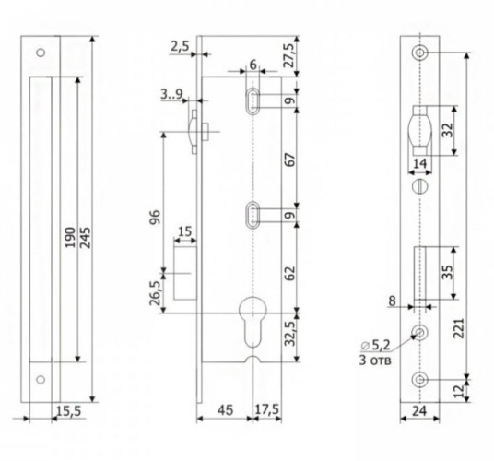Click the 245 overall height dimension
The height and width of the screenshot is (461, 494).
point(85,237)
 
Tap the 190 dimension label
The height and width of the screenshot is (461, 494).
point(70,237)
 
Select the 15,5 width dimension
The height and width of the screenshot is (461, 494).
point(69,411)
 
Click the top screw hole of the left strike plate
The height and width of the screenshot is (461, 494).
point(41,53)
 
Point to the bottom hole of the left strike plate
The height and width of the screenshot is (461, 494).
point(41,380)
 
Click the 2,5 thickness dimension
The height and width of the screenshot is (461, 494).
point(180,47)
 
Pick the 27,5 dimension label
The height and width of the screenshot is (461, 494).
point(288,55)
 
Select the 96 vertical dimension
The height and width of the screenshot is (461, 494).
point(155,217)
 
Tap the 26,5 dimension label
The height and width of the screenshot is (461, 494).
point(155,293)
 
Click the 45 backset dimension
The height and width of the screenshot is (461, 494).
point(226,410)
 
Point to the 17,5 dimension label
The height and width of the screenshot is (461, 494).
point(266,410)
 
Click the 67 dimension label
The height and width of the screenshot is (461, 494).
point(289,160)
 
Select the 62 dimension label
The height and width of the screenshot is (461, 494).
point(289,273)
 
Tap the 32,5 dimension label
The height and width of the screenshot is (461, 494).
point(289,334)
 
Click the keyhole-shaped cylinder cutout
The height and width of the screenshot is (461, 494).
point(253,322)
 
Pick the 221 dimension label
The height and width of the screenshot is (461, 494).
point(459,328)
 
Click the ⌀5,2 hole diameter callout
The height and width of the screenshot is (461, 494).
point(375,346)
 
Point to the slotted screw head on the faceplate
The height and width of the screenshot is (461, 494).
point(420,186)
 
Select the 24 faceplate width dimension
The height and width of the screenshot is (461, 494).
point(419,411)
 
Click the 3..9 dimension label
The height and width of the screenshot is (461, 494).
point(171,94)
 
